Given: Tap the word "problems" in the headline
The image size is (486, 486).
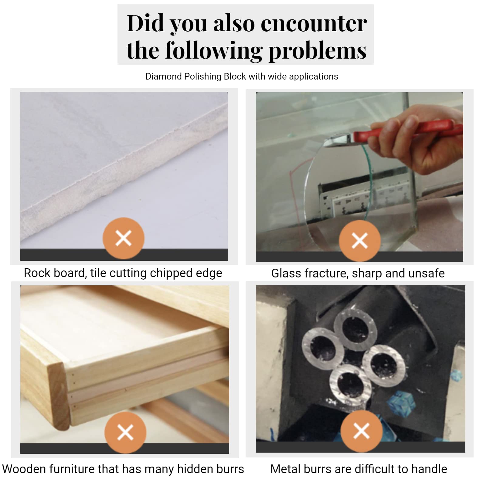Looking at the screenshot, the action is tap(318, 51).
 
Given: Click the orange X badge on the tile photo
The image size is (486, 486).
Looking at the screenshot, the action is tap(124, 238).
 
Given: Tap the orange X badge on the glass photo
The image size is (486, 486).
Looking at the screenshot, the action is tap(360, 241).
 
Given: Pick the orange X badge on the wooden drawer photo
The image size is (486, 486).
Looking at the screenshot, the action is tap(125, 432).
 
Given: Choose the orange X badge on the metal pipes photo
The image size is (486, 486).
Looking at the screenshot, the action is tap(361, 431).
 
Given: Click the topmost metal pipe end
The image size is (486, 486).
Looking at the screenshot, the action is tap(355, 329).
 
